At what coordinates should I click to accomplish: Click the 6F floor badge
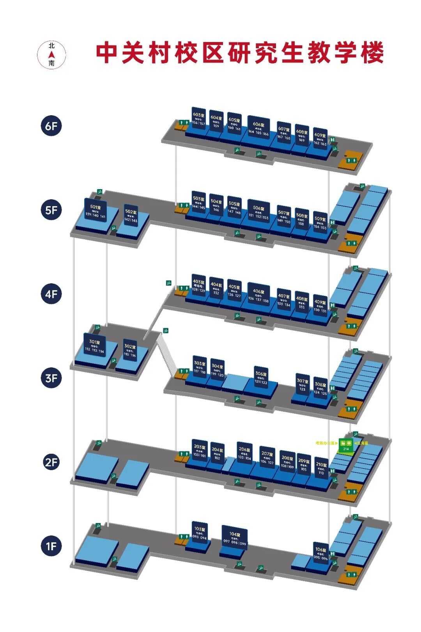51,126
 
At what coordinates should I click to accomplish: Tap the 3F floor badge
51,378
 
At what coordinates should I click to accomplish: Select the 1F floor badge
51,546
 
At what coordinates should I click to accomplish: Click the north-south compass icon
51,54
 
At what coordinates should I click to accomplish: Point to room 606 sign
258,128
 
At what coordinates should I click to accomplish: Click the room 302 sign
130,350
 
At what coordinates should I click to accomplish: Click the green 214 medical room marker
346,444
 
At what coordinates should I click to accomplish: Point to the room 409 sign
320,305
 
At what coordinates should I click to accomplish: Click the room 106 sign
321,553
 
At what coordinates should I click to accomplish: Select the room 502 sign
131,216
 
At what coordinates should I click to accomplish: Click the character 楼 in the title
372,53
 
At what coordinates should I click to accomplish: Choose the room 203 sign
200,451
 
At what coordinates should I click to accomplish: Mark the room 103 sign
200,533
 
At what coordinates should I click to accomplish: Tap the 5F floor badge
51,210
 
